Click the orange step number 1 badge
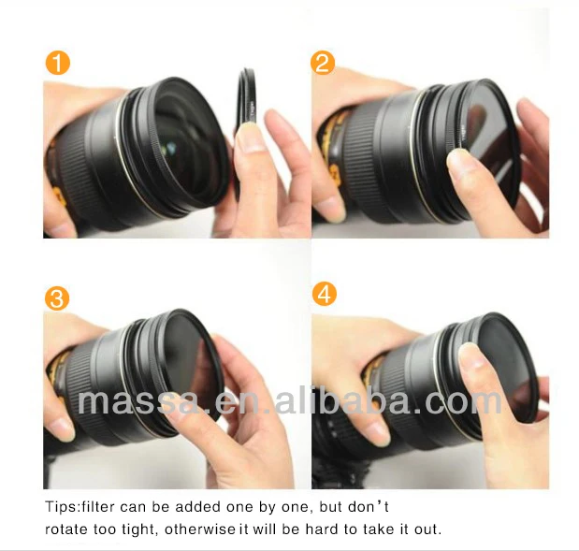pos(58,64)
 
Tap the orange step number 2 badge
pos(324,64)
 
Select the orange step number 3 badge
pos(58,298)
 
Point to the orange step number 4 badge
pos(324,295)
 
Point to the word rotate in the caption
pos(65,529)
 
